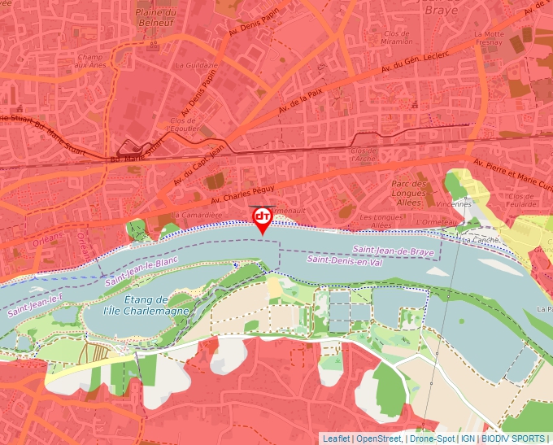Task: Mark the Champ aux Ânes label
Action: click(91, 63)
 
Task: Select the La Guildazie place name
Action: click(202, 65)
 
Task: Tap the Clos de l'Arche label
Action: click(364, 155)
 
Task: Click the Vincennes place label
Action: click(453, 204)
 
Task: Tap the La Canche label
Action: click(479, 241)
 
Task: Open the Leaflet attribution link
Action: click(336, 438)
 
